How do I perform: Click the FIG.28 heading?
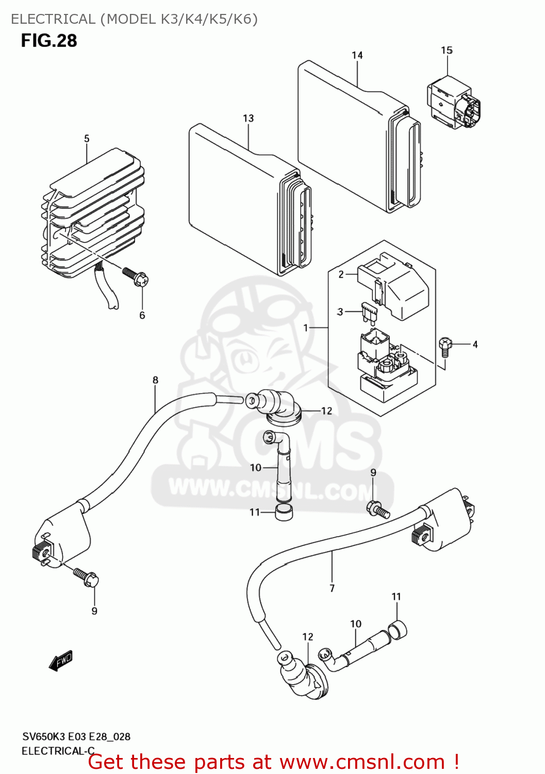(x=49, y=41)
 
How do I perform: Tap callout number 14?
(x=357, y=55)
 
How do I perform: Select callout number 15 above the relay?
(x=447, y=50)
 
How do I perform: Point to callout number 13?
(x=249, y=118)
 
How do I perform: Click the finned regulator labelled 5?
(x=93, y=212)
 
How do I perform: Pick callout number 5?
(x=87, y=138)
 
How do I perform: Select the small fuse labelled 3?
(x=369, y=313)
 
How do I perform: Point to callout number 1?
(x=306, y=328)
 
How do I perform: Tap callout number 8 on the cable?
(x=155, y=380)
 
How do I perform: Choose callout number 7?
(x=332, y=588)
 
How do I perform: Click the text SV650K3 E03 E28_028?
(x=76, y=736)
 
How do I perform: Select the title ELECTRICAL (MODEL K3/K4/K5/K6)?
(x=134, y=19)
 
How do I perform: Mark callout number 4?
(x=475, y=344)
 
